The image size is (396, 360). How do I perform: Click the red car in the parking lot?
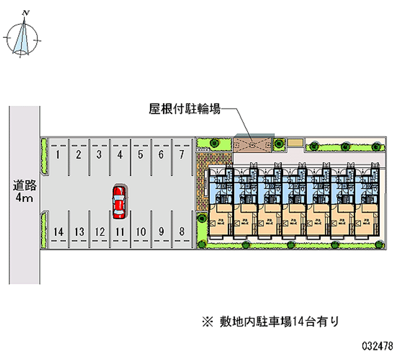(119, 202)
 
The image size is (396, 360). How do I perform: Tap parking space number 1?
(58, 155)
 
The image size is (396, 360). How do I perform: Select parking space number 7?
(182, 155)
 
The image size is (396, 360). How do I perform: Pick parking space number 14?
(58, 231)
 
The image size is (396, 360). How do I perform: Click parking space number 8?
(182, 231)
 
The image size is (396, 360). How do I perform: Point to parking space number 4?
(120, 155)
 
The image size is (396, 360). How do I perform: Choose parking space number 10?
(141, 231)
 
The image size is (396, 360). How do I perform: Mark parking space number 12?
(99, 231)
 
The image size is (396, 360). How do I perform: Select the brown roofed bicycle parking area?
(254, 143)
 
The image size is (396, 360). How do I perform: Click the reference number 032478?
(378, 345)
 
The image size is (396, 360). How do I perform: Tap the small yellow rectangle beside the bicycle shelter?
(296, 143)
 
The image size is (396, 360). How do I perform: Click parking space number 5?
(141, 155)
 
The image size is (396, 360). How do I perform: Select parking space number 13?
(79, 231)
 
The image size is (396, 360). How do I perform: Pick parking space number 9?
(161, 231)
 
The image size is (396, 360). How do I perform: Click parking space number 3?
(99, 155)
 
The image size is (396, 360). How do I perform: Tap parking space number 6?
(161, 155)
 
